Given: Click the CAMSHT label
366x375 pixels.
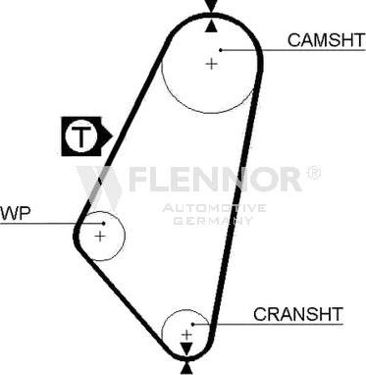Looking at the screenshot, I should (x=326, y=40).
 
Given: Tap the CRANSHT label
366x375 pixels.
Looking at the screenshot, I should (x=298, y=314).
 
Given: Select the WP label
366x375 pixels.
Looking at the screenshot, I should (x=15, y=213).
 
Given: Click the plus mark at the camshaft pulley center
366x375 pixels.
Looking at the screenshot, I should (x=210, y=64).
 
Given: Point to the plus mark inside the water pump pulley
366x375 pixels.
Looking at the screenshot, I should (x=100, y=236).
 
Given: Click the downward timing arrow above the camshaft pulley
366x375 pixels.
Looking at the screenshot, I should (x=211, y=6).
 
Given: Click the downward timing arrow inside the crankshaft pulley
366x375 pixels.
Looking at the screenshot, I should (x=185, y=348).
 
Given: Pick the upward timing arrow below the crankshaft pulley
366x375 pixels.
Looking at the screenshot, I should (x=185, y=368).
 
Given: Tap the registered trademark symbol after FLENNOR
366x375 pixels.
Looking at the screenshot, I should (x=313, y=173).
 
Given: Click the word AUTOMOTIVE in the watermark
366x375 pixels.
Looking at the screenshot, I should (x=213, y=208).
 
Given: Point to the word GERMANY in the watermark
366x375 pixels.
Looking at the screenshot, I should (x=213, y=220).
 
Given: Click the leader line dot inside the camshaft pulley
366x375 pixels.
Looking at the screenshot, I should (x=222, y=49).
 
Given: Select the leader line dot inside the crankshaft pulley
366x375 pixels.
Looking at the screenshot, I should (x=194, y=324).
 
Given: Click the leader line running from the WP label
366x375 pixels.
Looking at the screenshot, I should (x=39, y=224).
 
